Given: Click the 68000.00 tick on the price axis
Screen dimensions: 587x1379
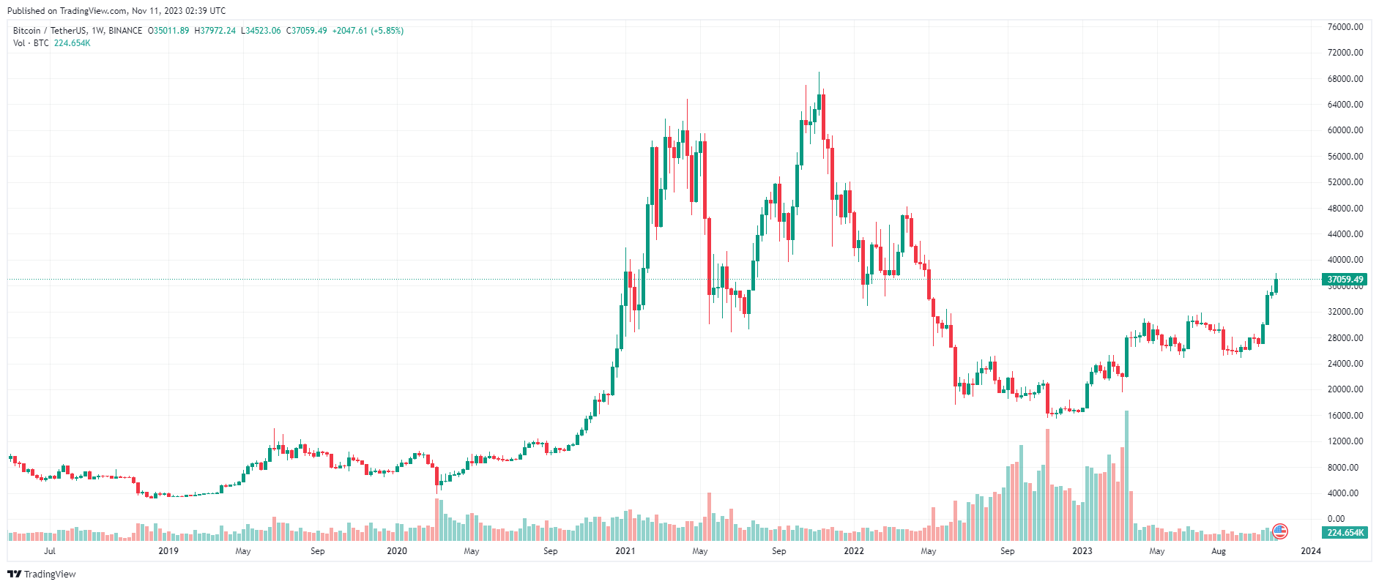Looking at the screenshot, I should (1345, 79).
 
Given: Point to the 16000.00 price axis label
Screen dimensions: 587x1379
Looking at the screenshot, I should (1345, 416).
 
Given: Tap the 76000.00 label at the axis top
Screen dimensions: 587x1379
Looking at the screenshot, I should (1345, 27).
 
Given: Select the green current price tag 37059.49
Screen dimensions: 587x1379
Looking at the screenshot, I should (1345, 280).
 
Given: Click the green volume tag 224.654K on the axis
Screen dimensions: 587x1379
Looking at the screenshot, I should (1345, 533).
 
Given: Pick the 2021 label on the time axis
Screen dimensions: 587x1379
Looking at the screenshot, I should (625, 551).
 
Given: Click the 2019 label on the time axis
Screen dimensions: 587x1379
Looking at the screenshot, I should (168, 551).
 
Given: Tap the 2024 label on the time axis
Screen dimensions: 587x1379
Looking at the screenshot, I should (1310, 551).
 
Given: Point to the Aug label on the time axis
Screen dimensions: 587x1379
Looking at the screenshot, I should (1218, 551).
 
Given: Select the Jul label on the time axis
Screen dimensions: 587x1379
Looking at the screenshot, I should (50, 551).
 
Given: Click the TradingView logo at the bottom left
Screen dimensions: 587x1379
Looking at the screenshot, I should (42, 574).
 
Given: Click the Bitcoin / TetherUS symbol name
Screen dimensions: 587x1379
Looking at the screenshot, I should (49, 31).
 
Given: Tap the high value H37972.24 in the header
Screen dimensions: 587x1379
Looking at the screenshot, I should (215, 31).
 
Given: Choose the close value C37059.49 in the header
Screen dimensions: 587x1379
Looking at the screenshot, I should (306, 31).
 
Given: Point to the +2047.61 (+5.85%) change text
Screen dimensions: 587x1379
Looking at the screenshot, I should (368, 31).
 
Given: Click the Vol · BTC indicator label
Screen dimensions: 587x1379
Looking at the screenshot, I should (31, 43).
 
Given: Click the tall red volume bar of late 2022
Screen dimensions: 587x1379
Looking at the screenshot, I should (1048, 483).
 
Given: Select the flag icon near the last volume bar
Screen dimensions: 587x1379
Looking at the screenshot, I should (1280, 531).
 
